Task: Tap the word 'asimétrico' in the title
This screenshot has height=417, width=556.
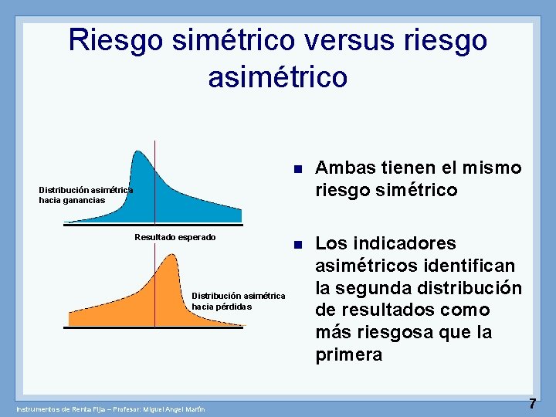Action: click(x=278, y=76)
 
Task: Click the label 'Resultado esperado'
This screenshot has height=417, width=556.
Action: click(x=175, y=237)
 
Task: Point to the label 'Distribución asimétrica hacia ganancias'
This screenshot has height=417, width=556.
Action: click(x=86, y=195)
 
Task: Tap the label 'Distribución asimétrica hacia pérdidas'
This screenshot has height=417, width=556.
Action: click(x=238, y=301)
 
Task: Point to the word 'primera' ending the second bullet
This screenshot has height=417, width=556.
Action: click(x=348, y=355)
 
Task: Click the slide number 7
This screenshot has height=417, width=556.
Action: click(x=532, y=404)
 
